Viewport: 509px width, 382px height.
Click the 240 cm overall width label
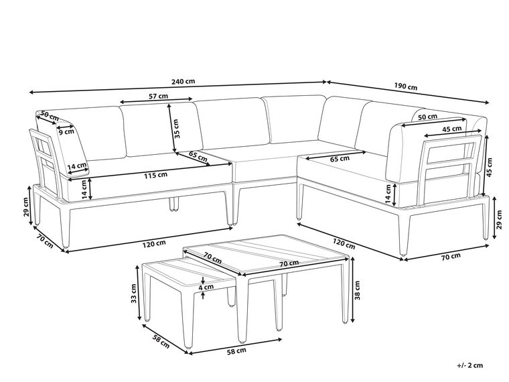pyautogui.click(x=183, y=81)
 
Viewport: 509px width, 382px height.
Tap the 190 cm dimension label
pyautogui.click(x=405, y=86)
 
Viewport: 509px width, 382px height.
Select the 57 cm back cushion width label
pyautogui.click(x=159, y=96)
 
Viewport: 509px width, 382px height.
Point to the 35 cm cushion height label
pyautogui.click(x=176, y=129)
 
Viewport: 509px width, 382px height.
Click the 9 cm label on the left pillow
pyautogui.click(x=66, y=131)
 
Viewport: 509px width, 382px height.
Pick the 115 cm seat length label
pyautogui.click(x=156, y=175)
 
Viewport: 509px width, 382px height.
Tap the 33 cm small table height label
pyautogui.click(x=133, y=294)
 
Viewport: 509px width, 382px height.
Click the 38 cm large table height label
pyautogui.click(x=357, y=290)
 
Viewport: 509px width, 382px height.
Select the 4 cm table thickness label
pyautogui.click(x=206, y=287)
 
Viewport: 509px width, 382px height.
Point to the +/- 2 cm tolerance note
pyautogui.click(x=469, y=365)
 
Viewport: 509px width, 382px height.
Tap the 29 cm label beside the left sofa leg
pyautogui.click(x=27, y=207)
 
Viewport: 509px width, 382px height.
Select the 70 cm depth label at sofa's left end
pyautogui.click(x=44, y=240)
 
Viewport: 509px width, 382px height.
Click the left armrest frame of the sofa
pyautogui.click(x=46, y=164)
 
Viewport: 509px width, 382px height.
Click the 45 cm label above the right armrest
pyautogui.click(x=453, y=129)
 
